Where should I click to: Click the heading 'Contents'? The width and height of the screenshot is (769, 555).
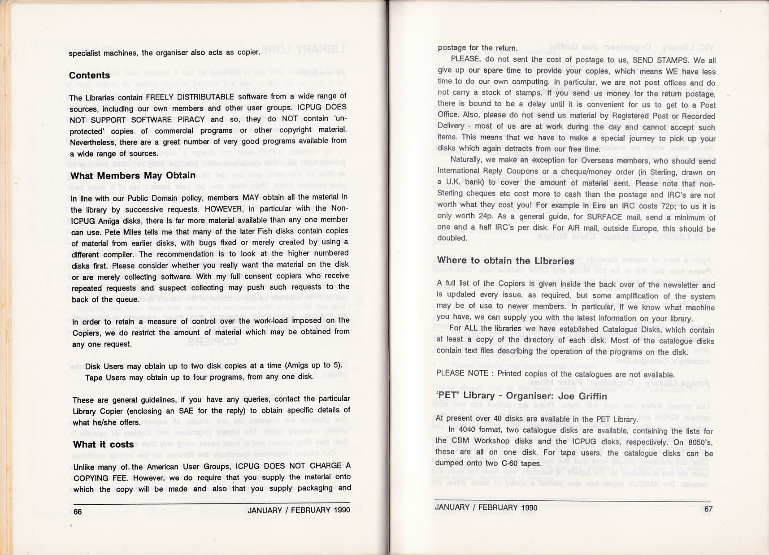click(89, 75)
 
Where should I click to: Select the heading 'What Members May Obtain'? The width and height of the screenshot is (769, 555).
click(133, 175)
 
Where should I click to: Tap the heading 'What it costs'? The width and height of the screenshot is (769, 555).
click(103, 444)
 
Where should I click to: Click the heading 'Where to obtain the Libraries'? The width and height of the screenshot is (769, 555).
click(505, 261)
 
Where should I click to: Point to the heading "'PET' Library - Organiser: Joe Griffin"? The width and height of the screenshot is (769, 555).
click(521, 396)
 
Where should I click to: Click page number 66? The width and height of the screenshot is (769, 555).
click(78, 512)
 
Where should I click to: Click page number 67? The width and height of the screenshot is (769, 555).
click(708, 509)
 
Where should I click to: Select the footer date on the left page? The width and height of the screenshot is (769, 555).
click(299, 510)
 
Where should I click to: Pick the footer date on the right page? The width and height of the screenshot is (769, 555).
click(486, 507)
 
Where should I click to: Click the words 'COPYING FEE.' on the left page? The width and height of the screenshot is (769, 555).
click(96, 478)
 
